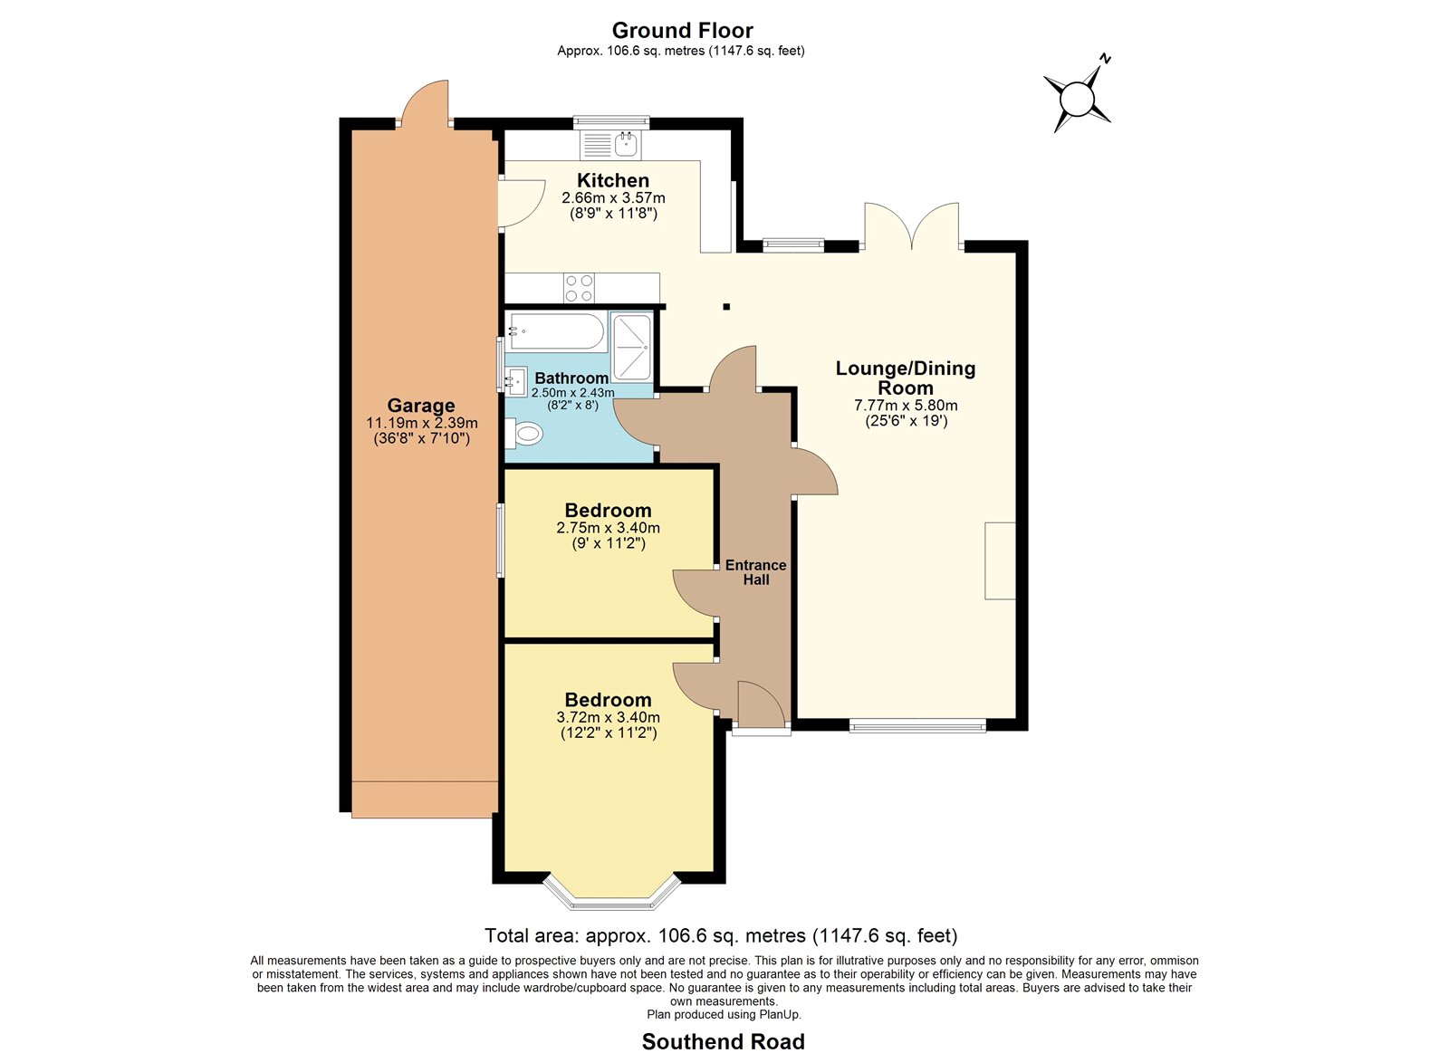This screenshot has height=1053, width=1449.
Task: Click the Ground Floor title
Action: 682,31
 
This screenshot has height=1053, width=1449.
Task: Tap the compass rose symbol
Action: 1077,99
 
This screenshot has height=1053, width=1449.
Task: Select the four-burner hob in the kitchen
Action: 579,289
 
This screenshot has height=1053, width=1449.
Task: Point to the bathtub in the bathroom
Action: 556,331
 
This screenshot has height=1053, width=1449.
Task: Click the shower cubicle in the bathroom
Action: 632,347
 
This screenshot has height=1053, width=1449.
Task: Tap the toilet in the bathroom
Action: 523,434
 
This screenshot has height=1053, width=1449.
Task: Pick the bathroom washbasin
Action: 516,381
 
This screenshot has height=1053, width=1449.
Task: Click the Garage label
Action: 421,406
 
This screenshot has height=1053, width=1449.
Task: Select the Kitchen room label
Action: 612,180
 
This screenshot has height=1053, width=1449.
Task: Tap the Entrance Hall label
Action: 755,572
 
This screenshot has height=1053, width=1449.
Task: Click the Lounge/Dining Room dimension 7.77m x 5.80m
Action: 906,406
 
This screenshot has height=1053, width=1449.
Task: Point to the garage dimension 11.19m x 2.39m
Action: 422,423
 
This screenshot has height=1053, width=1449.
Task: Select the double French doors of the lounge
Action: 912,227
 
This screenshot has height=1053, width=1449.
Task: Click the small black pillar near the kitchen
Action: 726,307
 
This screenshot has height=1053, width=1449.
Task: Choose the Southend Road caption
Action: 724,1041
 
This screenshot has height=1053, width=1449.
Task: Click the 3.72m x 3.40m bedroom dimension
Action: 608,717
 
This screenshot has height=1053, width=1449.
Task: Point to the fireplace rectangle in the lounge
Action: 1000,560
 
